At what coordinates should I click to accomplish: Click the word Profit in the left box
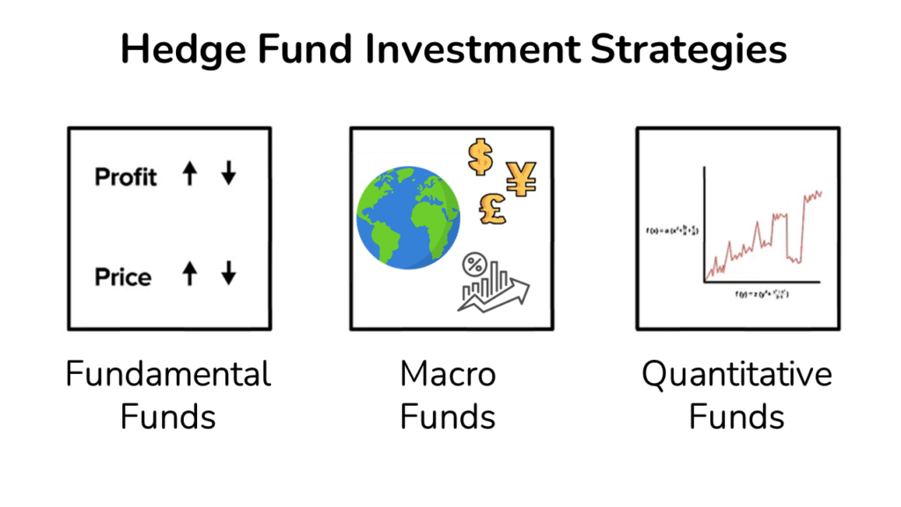coord(126,177)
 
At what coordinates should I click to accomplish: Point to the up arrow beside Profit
coord(189,174)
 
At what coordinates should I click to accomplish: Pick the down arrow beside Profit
coord(229,174)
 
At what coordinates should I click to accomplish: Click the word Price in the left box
coord(123,277)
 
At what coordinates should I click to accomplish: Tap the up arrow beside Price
coord(189,275)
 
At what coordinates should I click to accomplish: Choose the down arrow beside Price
coord(229,275)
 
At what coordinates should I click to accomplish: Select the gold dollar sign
coord(480,158)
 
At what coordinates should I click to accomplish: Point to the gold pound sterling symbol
coord(493,209)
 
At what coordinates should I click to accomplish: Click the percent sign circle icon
coord(475,263)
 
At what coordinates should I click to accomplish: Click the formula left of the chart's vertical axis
coord(673,231)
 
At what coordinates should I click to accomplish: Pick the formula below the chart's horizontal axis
coord(761,296)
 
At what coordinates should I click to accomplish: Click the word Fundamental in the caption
coord(168,375)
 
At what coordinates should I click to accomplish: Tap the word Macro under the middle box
coord(448,375)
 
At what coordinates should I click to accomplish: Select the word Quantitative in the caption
coord(736,375)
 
